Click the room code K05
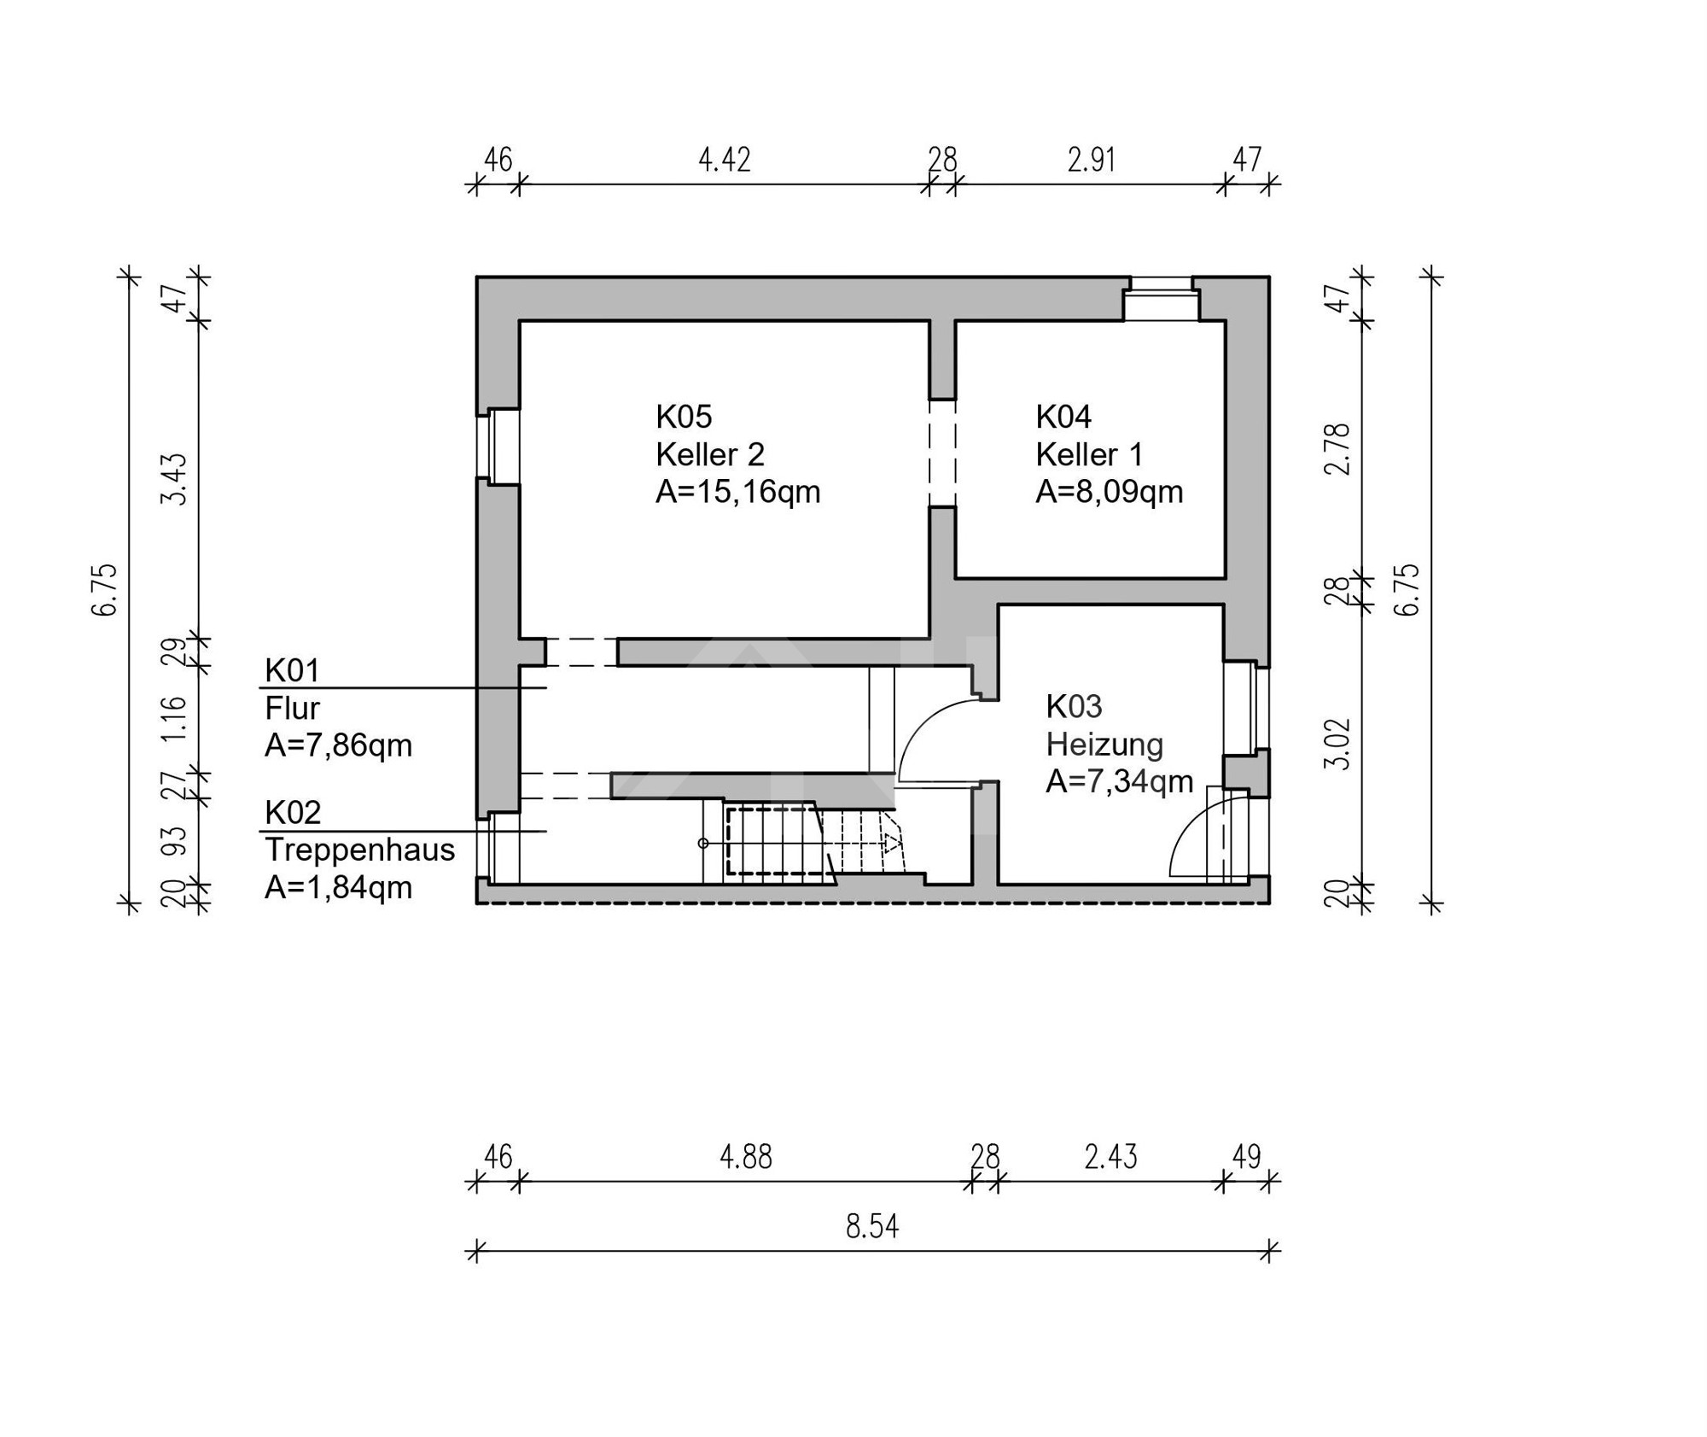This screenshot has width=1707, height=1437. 684,417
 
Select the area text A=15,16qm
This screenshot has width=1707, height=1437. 738,492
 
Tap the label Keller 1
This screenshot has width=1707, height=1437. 1089,454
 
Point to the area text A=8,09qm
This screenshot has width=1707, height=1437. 1110,492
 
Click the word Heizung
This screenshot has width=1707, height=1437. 1104,745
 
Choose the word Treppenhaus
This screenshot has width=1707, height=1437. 360,850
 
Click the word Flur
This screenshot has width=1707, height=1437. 292,708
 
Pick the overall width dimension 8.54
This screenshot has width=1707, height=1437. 872,1227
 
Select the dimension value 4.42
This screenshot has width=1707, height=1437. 725,160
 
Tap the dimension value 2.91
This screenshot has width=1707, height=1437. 1092,160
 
